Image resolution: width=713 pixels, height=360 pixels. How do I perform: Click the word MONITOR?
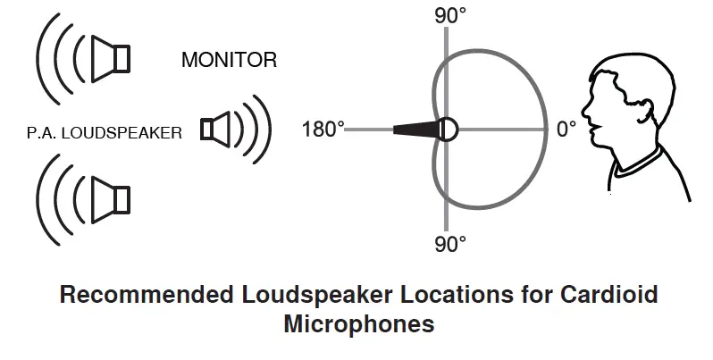pos(229,61)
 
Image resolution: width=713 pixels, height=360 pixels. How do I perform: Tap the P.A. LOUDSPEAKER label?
pos(105,133)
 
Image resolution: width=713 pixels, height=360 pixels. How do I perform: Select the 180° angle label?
pos(323,130)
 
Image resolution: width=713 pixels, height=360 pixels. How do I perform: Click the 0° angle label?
pos(566,130)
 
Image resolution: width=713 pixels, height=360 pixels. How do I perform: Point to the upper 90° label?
pos(450,15)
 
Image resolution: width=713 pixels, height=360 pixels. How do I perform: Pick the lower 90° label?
pos(450,243)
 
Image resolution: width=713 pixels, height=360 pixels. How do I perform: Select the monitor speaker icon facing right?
pos(217,130)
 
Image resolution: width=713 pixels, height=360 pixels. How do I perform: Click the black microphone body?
pos(416,130)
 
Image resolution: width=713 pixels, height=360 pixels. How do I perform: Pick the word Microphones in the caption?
pos(358,323)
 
